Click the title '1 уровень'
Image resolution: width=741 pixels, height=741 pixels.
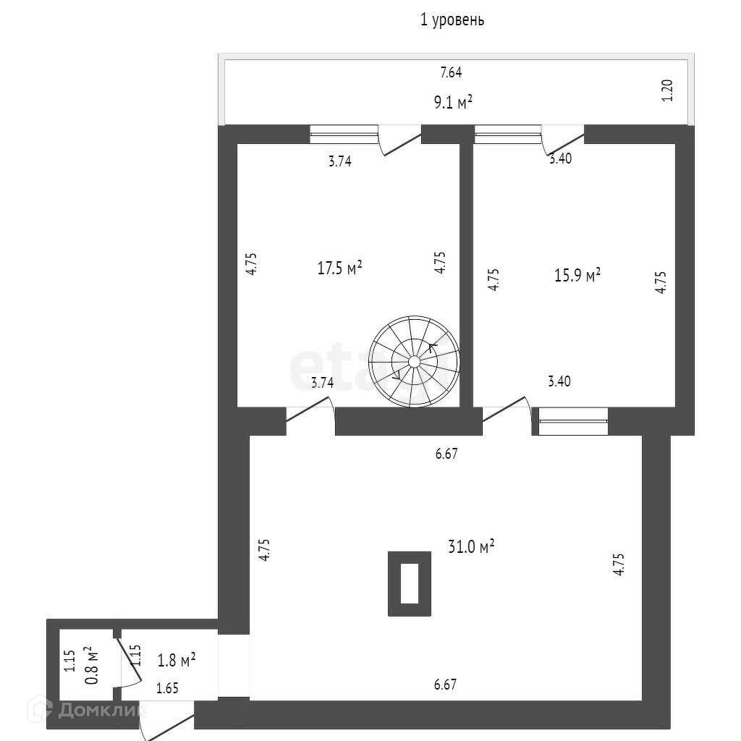452,20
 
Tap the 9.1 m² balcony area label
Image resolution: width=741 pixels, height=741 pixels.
453,101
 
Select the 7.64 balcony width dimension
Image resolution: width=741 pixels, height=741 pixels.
451,72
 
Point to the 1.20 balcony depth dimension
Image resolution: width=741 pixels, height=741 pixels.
667,90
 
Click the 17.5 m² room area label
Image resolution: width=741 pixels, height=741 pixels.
339,268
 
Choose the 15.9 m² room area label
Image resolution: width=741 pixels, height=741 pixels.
577,276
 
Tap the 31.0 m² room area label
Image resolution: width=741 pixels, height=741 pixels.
470,547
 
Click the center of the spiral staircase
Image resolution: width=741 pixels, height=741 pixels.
414,361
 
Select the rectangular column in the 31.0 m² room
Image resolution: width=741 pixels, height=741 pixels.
410,584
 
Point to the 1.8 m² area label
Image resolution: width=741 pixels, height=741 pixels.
177,660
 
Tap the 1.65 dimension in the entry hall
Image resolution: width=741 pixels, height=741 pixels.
168,689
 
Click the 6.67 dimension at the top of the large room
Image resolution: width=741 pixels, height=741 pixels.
446,454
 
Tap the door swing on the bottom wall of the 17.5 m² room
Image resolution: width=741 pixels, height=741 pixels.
311,418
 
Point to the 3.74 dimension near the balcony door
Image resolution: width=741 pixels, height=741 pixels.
339,162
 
